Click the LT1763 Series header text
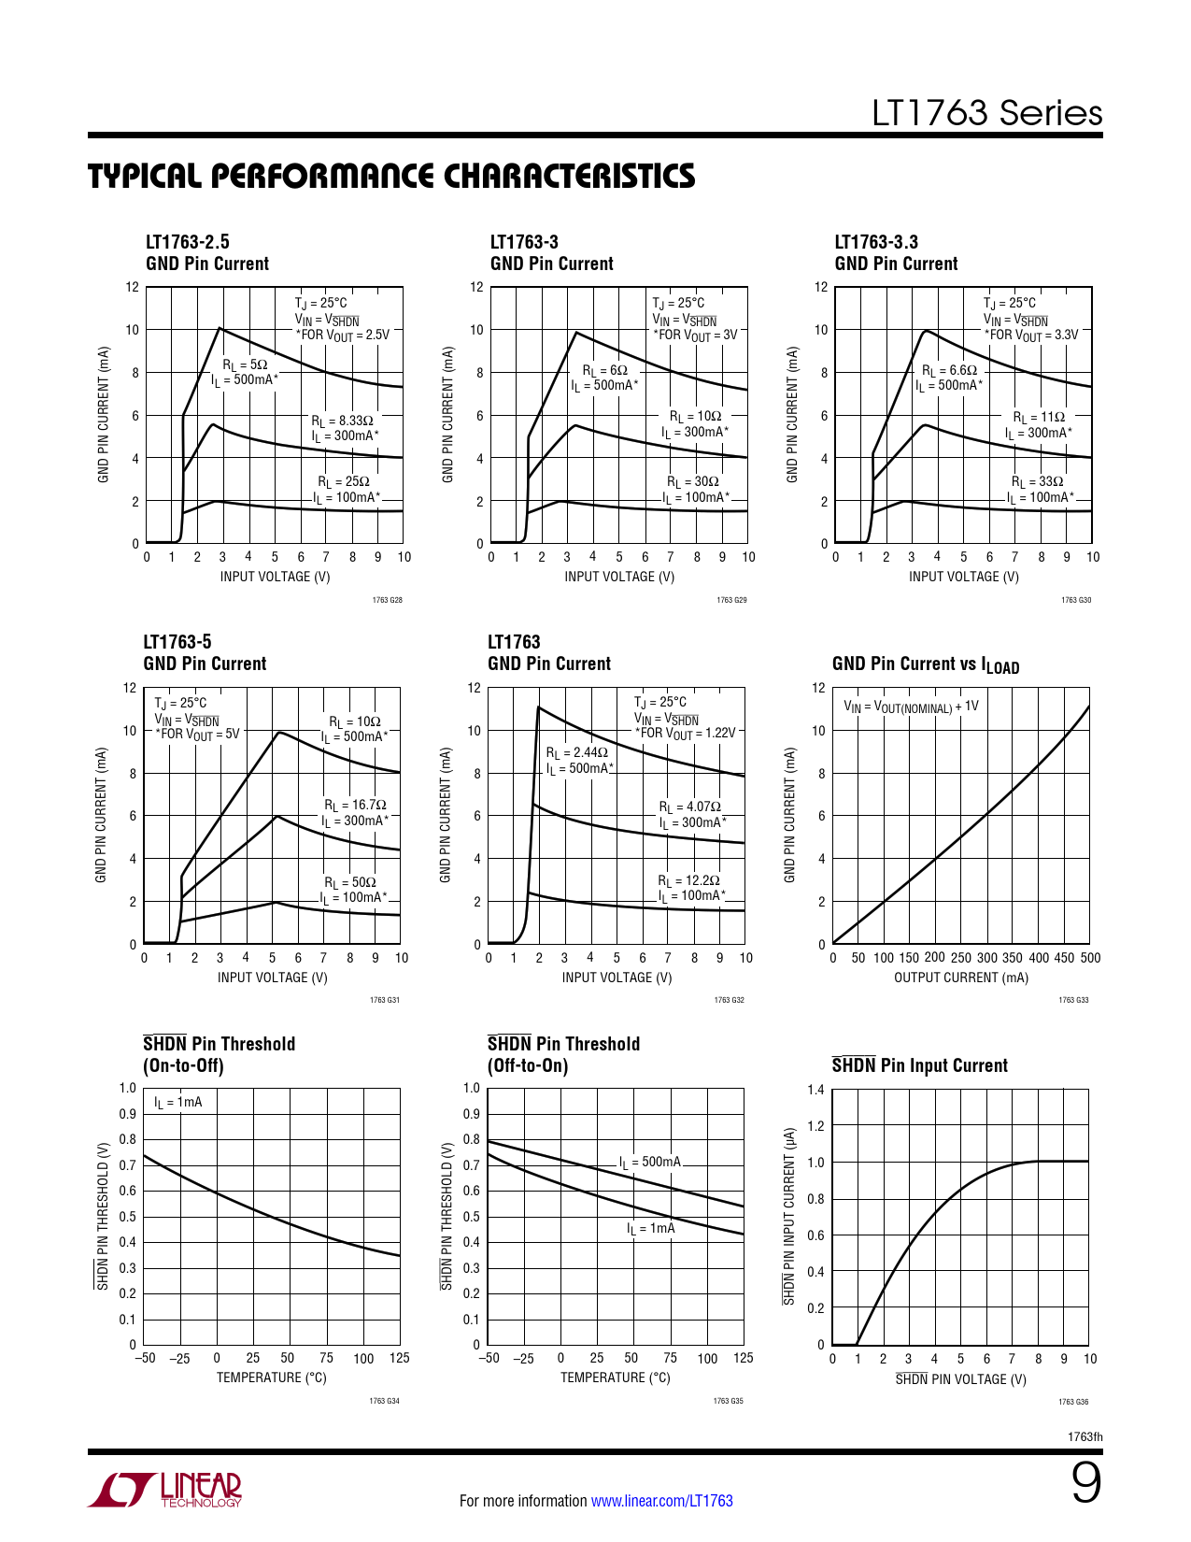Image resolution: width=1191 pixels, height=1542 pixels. pyautogui.click(x=986, y=113)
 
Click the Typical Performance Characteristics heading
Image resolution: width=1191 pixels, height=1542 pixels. pyautogui.click(x=391, y=176)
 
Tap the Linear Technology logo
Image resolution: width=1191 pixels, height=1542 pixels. pyautogui.click(x=165, y=1490)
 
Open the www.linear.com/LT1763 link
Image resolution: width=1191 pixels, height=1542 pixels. pyautogui.click(x=661, y=1501)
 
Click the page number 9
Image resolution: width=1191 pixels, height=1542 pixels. pyautogui.click(x=1085, y=1483)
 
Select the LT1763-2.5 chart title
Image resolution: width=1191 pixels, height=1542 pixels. pyautogui.click(x=188, y=242)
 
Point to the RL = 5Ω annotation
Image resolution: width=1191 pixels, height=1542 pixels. pyautogui.click(x=245, y=364)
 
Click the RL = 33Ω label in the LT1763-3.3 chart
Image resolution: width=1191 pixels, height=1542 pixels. pyautogui.click(x=1037, y=482)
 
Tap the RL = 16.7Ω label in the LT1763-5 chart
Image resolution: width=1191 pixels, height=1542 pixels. pyautogui.click(x=355, y=805)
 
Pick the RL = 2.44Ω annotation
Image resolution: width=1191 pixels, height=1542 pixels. pyautogui.click(x=576, y=752)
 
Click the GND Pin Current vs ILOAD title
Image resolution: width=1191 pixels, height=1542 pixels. pyautogui.click(x=925, y=664)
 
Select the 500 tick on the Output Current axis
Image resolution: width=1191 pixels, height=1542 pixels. pyautogui.click(x=1090, y=958)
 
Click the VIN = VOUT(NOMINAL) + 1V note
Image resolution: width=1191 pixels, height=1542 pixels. pyautogui.click(x=911, y=707)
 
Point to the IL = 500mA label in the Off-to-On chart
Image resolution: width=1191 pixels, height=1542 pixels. pyautogui.click(x=650, y=1163)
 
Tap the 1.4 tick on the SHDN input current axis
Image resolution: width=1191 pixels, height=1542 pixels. pyautogui.click(x=815, y=1090)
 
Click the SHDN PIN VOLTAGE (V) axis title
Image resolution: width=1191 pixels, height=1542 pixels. pyautogui.click(x=960, y=1379)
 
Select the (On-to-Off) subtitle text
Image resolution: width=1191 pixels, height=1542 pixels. pyautogui.click(x=183, y=1066)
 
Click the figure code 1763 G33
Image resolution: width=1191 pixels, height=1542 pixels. pyautogui.click(x=1073, y=1000)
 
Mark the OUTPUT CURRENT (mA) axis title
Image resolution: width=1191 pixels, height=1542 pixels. pyautogui.click(x=960, y=978)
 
